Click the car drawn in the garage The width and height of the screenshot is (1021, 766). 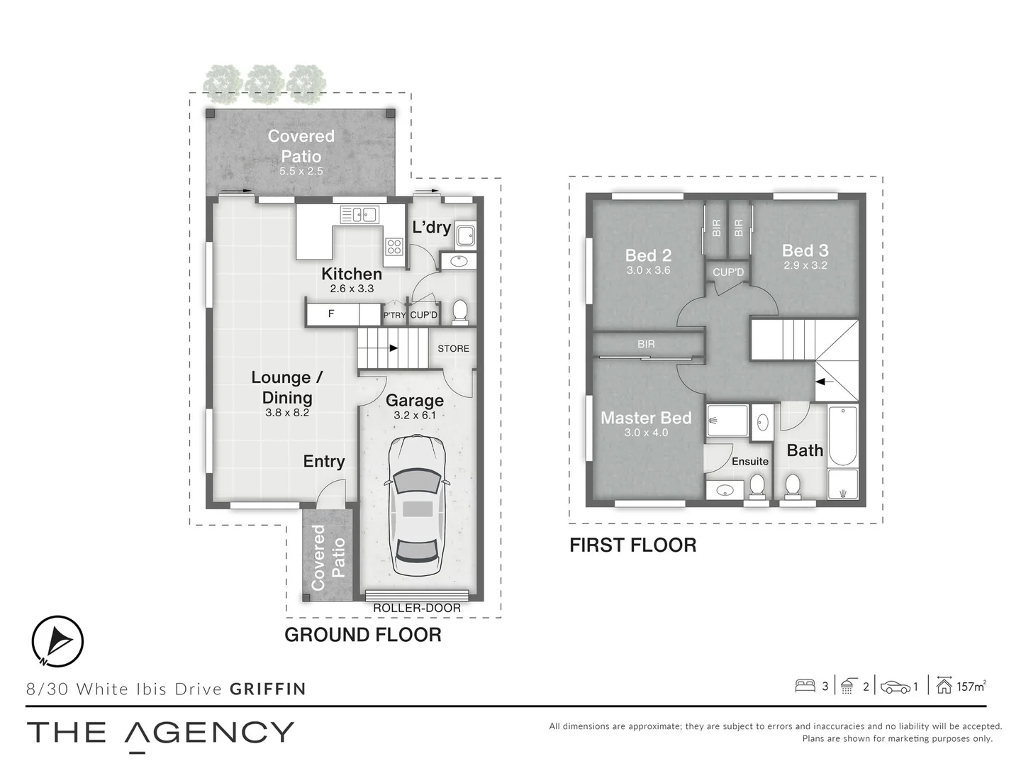(x=415, y=506)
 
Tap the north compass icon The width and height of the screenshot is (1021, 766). (x=58, y=641)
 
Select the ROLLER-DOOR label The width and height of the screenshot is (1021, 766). (x=417, y=608)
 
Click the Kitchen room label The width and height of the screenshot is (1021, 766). (x=352, y=274)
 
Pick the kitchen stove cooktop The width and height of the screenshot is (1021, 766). (x=394, y=247)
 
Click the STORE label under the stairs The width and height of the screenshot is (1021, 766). (x=453, y=348)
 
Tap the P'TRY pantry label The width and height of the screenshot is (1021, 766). (x=394, y=315)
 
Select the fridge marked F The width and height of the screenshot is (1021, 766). (x=331, y=313)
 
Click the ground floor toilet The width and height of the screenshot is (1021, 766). (x=460, y=311)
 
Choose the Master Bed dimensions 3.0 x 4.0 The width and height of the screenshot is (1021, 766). (x=646, y=433)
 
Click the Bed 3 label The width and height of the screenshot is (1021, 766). (x=805, y=250)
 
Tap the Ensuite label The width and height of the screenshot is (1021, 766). (x=750, y=461)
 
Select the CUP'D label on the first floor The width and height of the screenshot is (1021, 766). (x=728, y=272)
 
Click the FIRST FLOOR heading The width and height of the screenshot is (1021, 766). (x=632, y=545)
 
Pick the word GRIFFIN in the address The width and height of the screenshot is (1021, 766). (x=268, y=689)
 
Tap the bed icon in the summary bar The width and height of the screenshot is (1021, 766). (x=805, y=686)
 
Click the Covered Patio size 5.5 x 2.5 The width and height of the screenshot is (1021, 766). (x=301, y=171)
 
